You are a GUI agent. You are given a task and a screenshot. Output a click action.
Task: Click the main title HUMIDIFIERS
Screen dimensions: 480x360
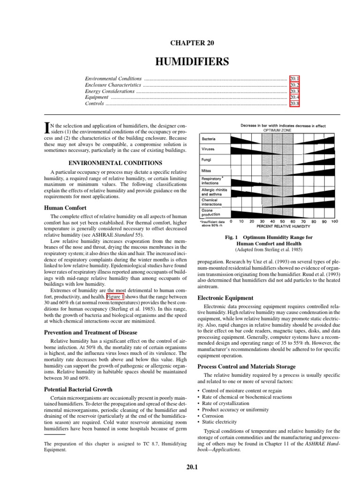[190, 61]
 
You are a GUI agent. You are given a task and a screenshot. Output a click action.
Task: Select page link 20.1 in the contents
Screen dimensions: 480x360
[294, 79]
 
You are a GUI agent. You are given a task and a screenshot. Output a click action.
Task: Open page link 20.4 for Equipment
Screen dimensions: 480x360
[294, 97]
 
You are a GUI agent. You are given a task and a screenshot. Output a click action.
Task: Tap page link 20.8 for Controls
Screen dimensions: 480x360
[294, 104]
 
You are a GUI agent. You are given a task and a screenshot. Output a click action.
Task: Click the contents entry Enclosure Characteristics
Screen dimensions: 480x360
[112, 85]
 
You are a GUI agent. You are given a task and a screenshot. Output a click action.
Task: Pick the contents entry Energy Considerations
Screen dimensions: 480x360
[109, 91]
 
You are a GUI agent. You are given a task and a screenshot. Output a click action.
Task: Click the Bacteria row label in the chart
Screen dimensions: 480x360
[209, 139]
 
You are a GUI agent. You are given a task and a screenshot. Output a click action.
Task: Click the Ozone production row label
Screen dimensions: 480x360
[211, 212]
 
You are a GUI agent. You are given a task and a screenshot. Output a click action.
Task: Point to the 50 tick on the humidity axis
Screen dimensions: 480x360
[282, 221]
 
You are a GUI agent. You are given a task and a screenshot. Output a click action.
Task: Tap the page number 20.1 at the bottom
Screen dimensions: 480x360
[190, 466]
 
